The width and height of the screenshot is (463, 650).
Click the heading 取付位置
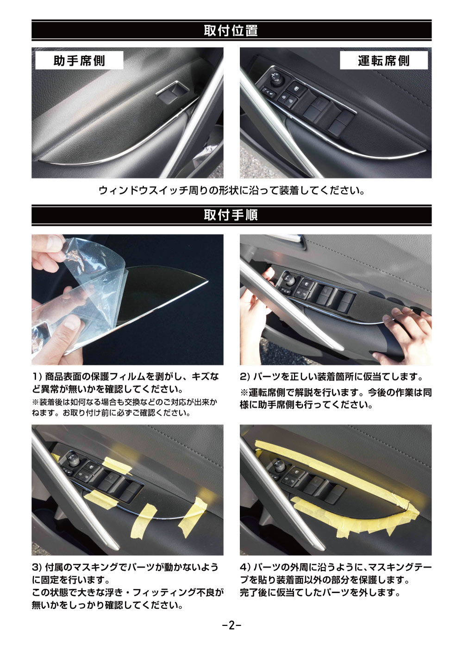(231, 31)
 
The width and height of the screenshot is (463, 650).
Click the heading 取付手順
(231, 215)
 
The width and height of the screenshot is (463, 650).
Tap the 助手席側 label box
(79, 61)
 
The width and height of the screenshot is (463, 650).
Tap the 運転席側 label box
(384, 61)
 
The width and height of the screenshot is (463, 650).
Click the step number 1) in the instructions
(38, 377)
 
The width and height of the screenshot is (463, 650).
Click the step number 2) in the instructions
(245, 377)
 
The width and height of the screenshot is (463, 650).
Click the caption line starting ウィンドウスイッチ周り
(231, 191)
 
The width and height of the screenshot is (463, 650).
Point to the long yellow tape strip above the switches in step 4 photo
(334, 458)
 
